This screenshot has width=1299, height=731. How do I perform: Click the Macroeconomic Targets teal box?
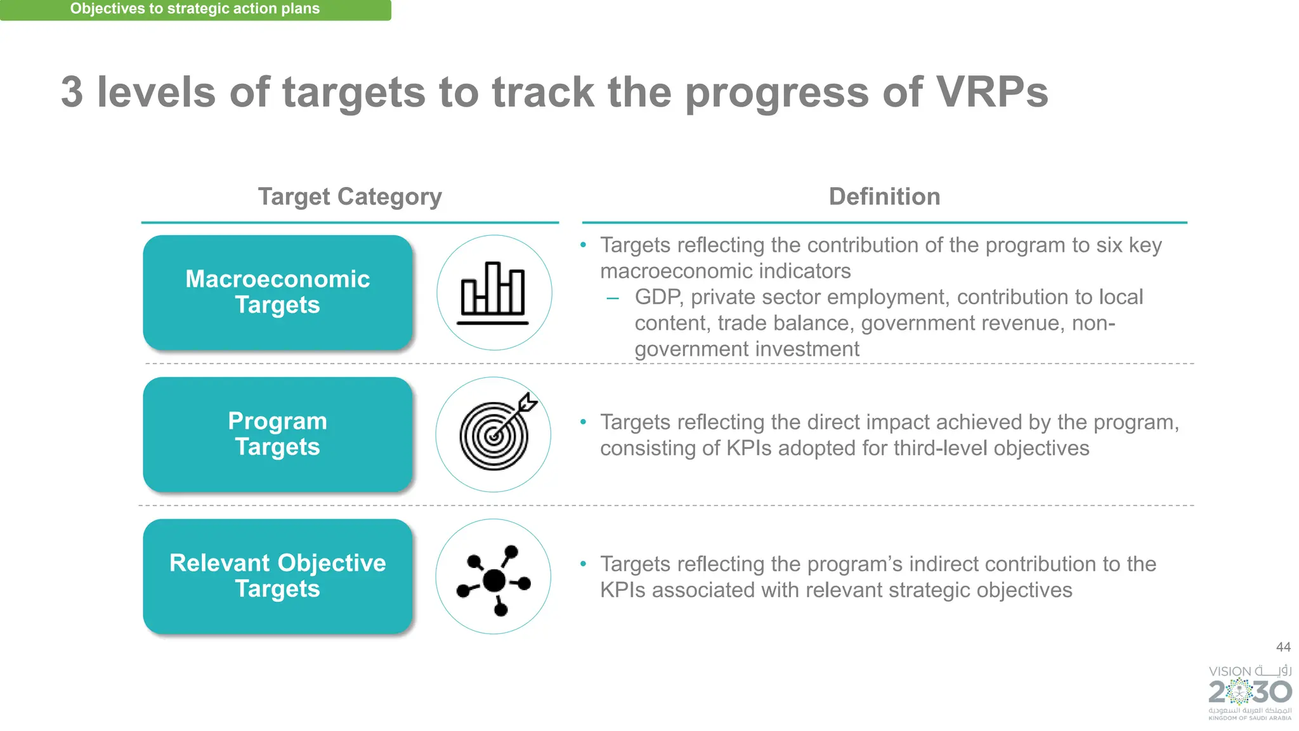pyautogui.click(x=278, y=292)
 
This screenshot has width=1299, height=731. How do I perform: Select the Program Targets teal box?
pyautogui.click(x=278, y=434)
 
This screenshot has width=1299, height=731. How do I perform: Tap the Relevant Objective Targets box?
pyautogui.click(x=278, y=576)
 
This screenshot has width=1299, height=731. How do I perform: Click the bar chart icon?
pyautogui.click(x=493, y=293)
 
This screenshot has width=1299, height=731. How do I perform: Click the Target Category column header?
pyautogui.click(x=349, y=197)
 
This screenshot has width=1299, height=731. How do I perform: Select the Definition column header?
pyautogui.click(x=884, y=197)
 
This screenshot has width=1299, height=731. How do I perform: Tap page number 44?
pyautogui.click(x=1283, y=647)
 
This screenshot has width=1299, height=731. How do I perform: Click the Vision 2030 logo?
pyautogui.click(x=1250, y=692)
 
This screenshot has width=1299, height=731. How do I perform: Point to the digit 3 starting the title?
pyautogui.click(x=72, y=93)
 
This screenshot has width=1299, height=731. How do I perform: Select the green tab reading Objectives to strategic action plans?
pyautogui.click(x=195, y=9)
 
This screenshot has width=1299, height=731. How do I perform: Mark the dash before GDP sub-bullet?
pyautogui.click(x=612, y=298)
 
